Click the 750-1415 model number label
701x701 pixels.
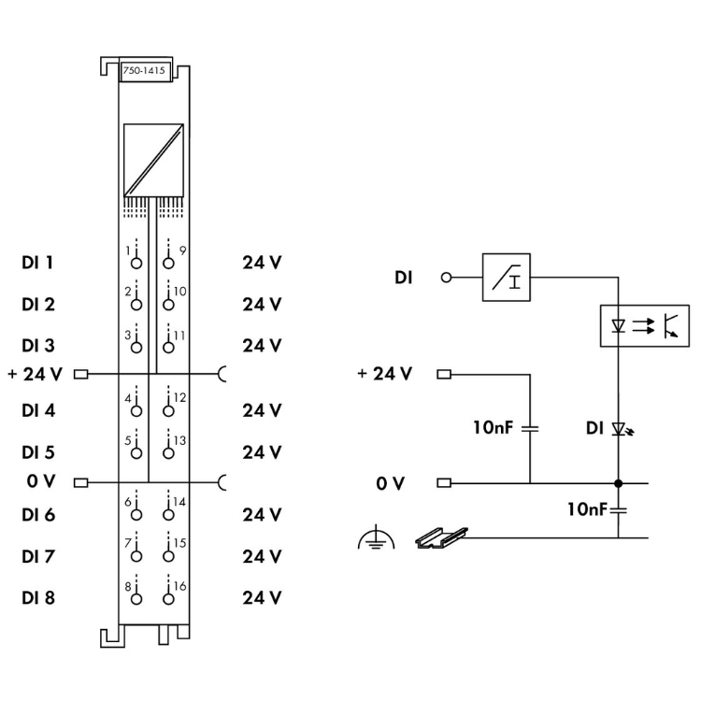pos(144,73)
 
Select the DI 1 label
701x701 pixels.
pos(37,263)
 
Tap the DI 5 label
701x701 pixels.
pos(37,451)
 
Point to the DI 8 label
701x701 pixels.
pos(37,597)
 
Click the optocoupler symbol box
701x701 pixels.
pos(644,325)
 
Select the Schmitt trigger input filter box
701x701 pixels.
pos(506,277)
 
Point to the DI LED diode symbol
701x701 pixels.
pos(619,429)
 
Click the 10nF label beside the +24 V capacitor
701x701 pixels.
pos(495,428)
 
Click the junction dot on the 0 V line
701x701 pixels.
pos(619,483)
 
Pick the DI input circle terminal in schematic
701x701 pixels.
pos(446,278)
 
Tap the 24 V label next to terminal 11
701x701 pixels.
pos(262,345)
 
